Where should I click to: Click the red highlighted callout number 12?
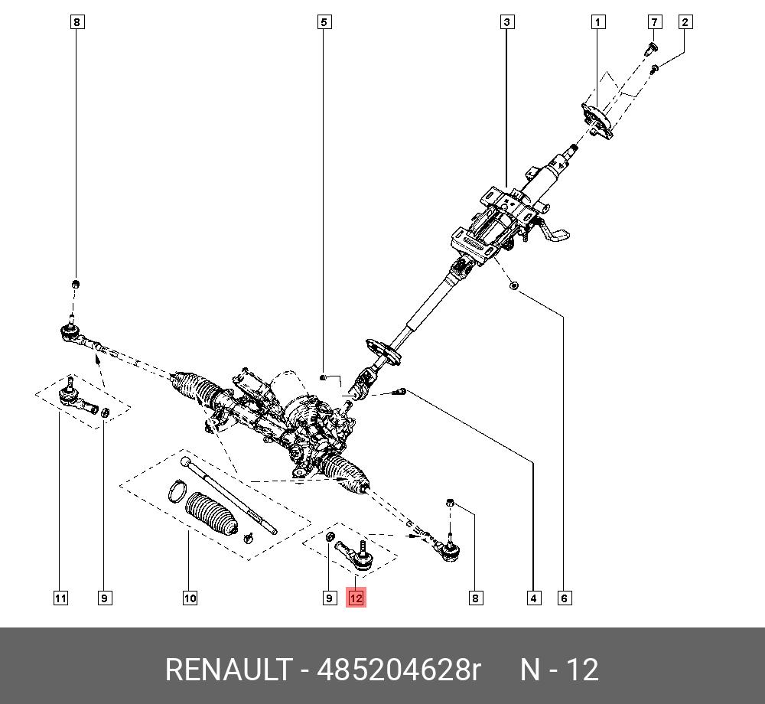356,598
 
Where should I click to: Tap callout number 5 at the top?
324,22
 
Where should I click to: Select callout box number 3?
507,22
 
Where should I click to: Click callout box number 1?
598,22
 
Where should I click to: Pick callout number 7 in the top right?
654,22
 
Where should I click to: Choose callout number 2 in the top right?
685,22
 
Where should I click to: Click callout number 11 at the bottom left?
60,598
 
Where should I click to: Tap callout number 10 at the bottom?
190,598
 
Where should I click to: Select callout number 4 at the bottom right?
534,598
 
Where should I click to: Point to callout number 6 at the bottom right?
565,598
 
